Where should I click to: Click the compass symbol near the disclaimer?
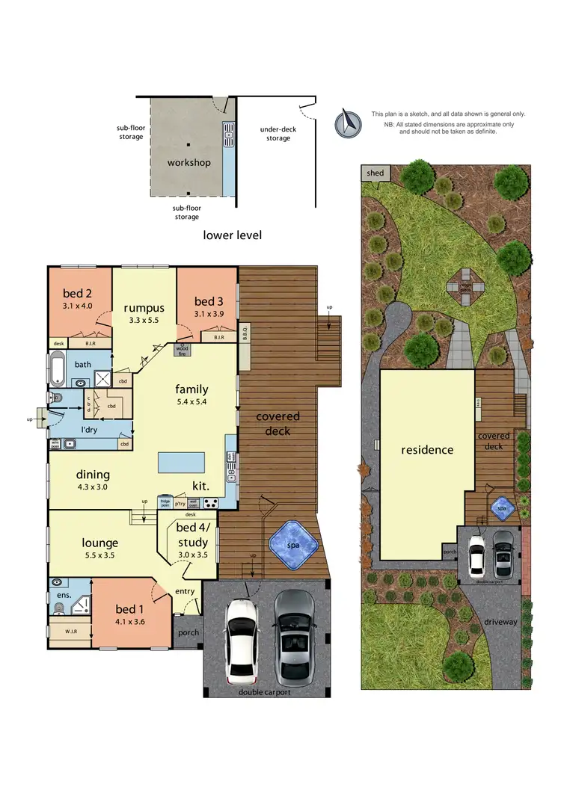click(347, 122)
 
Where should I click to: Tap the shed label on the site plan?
click(375, 173)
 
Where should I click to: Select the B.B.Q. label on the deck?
click(245, 332)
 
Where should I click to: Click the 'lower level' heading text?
click(233, 235)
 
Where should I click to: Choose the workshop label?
click(188, 162)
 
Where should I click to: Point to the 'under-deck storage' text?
click(278, 134)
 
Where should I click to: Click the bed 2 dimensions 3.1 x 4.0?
click(78, 306)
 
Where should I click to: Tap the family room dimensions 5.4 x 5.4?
click(191, 402)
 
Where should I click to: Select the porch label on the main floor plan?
click(187, 633)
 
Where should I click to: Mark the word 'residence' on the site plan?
click(427, 450)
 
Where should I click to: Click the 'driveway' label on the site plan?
click(492, 620)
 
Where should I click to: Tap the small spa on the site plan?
click(502, 507)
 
